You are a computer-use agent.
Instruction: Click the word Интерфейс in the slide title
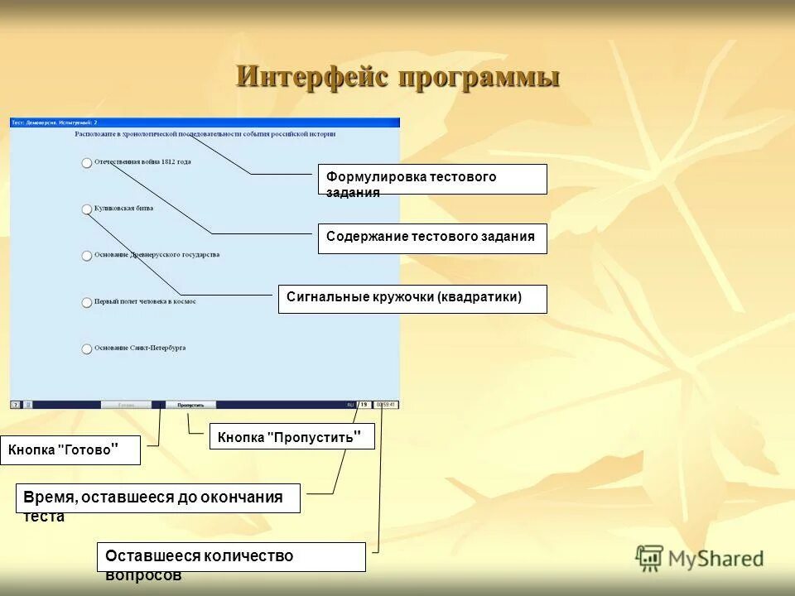pyautogui.click(x=313, y=77)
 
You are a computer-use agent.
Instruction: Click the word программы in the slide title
pyautogui.click(x=479, y=79)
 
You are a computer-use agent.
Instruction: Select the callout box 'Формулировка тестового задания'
pyautogui.click(x=431, y=179)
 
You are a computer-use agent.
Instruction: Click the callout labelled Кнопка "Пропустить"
pyautogui.click(x=291, y=436)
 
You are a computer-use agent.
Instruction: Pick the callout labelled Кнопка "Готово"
pyautogui.click(x=70, y=450)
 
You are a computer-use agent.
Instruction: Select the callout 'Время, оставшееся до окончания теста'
pyautogui.click(x=157, y=498)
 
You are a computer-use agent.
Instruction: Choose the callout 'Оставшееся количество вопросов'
pyautogui.click(x=231, y=557)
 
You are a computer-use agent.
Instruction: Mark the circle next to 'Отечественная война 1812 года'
pyautogui.click(x=87, y=163)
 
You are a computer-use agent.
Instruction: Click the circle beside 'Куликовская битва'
pyautogui.click(x=87, y=209)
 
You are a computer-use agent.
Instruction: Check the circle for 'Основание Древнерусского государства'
pyautogui.click(x=87, y=256)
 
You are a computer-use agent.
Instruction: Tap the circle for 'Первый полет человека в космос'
pyautogui.click(x=87, y=303)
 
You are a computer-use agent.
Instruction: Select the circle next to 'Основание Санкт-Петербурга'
pyautogui.click(x=87, y=349)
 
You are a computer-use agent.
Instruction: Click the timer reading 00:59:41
pyautogui.click(x=386, y=405)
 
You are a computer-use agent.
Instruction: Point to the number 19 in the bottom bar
pyautogui.click(x=364, y=405)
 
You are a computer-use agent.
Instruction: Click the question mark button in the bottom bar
pyautogui.click(x=15, y=405)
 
